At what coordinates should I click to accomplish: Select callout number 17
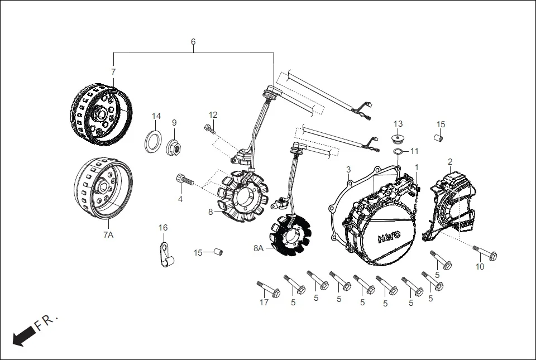pos(264,303)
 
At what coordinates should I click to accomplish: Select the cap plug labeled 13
pos(397,137)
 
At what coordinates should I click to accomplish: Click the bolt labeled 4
pos(185,180)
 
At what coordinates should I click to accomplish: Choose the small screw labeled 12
pos(210,129)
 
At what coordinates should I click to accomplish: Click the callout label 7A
pos(108,236)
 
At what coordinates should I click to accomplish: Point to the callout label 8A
pos(258,248)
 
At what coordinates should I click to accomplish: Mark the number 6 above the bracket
pos(193,42)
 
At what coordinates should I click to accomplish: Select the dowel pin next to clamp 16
pos(216,252)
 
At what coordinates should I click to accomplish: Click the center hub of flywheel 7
pos(102,114)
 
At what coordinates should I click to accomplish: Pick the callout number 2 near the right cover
pos(450,162)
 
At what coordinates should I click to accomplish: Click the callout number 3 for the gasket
pos(348,169)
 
